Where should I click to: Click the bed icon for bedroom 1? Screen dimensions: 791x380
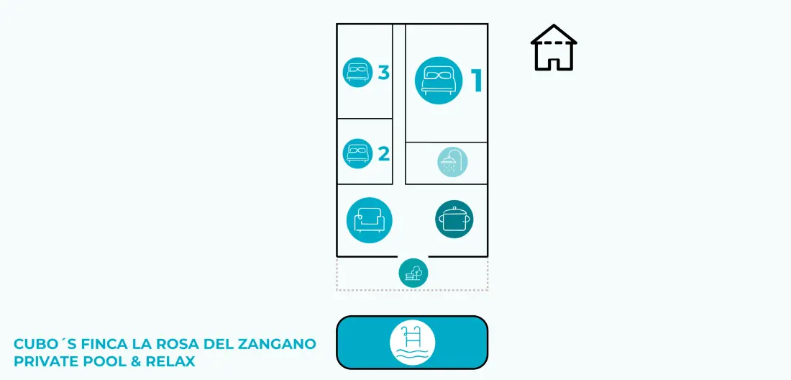[439, 81]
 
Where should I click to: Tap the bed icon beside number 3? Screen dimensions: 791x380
[358, 72]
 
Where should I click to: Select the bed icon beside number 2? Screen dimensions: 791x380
[357, 153]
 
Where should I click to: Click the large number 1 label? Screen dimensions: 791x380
[476, 81]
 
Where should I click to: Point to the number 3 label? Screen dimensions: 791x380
[384, 73]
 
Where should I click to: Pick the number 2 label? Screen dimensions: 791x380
[384, 153]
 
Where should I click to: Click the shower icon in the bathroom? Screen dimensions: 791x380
[452, 162]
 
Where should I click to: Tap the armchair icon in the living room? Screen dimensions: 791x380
[370, 220]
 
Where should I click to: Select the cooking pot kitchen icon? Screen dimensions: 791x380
[454, 219]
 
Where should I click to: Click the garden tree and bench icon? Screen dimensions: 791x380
[413, 273]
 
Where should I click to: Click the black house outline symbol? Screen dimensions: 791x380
[554, 47]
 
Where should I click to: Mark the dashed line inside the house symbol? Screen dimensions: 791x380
[554, 43]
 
